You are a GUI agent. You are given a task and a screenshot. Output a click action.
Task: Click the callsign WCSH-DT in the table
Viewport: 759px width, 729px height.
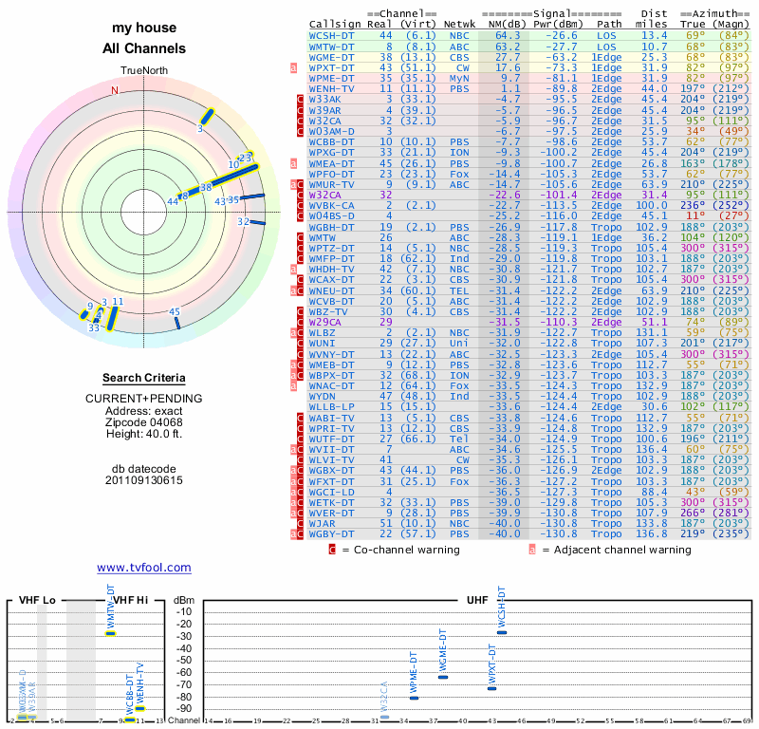pos(331,35)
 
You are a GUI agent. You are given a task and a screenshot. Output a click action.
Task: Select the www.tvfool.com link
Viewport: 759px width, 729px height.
pos(143,568)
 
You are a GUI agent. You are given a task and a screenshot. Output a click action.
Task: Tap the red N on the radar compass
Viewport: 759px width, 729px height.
pos(115,91)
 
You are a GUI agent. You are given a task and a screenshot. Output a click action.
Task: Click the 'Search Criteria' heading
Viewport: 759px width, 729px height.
pos(143,378)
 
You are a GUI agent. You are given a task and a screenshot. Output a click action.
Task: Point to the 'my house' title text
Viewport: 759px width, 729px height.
pos(143,29)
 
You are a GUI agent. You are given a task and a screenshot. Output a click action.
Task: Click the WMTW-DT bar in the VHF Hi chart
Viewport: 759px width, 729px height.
pos(110,633)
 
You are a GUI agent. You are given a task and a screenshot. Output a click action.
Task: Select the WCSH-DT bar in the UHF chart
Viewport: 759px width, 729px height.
pos(502,632)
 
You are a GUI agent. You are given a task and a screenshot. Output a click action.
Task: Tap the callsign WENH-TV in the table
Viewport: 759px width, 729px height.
pos(331,87)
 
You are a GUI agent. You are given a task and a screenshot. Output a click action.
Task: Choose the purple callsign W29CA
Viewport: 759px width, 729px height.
pos(325,322)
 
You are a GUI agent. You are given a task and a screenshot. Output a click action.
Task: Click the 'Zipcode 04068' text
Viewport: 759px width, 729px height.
pos(143,422)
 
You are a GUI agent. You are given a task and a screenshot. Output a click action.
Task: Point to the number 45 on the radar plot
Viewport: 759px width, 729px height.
pos(175,311)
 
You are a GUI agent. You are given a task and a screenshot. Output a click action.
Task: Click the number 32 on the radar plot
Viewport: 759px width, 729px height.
pos(244,222)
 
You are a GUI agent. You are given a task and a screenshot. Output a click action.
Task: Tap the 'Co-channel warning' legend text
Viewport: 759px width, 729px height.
pos(403,549)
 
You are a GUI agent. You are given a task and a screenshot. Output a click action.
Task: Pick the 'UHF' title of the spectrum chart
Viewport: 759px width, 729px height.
pos(477,600)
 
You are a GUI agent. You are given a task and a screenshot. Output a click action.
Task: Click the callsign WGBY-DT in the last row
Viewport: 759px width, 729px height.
pos(331,533)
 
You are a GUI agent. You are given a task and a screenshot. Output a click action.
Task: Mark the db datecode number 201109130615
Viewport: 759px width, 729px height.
pos(143,480)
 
